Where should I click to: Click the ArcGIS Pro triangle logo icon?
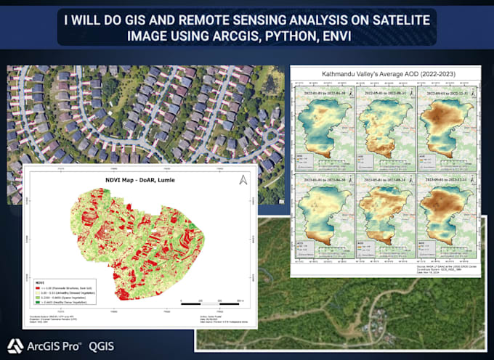click(x=15, y=345)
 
